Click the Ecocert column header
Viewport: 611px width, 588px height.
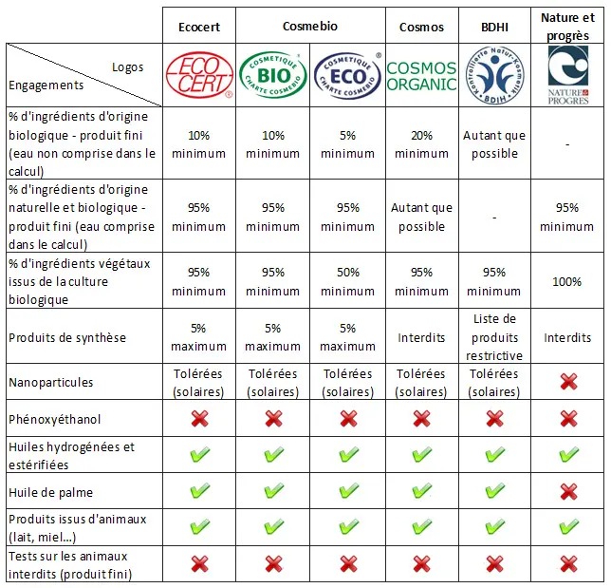coord(199,27)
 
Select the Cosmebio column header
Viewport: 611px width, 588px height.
coord(310,27)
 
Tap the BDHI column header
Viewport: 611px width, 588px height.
coord(493,27)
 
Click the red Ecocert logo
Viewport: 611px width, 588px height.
coord(199,76)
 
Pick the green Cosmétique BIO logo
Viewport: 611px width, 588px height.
coord(273,75)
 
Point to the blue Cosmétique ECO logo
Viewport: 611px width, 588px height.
coord(347,75)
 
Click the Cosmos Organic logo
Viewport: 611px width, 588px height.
coord(421,76)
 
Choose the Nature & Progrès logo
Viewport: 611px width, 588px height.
coord(567,76)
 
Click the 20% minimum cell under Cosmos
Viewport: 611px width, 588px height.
coord(421,144)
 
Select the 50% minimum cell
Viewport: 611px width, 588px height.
coord(347,281)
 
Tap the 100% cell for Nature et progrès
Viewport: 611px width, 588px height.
coord(567,281)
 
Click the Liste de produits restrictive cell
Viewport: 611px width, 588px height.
coord(493,337)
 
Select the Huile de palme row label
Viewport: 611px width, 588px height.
coord(46,492)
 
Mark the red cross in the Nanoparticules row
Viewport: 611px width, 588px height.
coord(567,382)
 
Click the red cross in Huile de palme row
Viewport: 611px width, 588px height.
coord(567,492)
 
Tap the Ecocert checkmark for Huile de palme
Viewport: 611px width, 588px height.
coord(199,492)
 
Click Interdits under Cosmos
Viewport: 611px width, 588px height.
coord(421,337)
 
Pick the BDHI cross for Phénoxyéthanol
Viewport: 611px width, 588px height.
coord(493,419)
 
